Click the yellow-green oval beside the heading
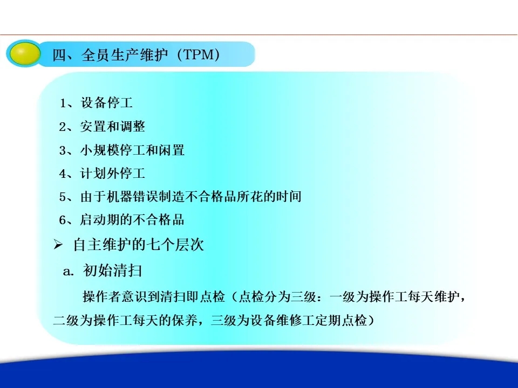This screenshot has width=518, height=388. pos(24,54)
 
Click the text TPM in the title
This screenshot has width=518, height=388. pos(198,54)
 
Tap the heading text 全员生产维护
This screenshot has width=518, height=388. pos(125,54)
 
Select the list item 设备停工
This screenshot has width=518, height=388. pos(106,102)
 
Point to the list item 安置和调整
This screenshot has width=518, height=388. pos(112,126)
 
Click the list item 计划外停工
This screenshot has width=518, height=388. pos(112,173)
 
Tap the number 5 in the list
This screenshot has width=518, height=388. pos(63,197)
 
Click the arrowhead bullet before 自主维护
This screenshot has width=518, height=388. pos(58,245)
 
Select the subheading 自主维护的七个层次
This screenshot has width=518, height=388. pos(139,245)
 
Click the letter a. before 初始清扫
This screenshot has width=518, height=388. pos(69,271)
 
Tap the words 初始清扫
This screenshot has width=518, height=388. pos(112,271)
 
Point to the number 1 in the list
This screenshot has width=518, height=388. pos(63,103)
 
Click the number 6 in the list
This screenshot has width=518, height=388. pos(63,220)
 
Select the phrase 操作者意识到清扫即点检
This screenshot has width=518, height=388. pos(154,296)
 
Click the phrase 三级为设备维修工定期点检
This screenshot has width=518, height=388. pos(289,320)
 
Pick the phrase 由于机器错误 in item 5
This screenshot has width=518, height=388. pos(119,197)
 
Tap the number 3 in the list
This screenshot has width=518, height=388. pos(63,151)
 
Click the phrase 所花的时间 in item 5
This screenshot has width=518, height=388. pos(269,197)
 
